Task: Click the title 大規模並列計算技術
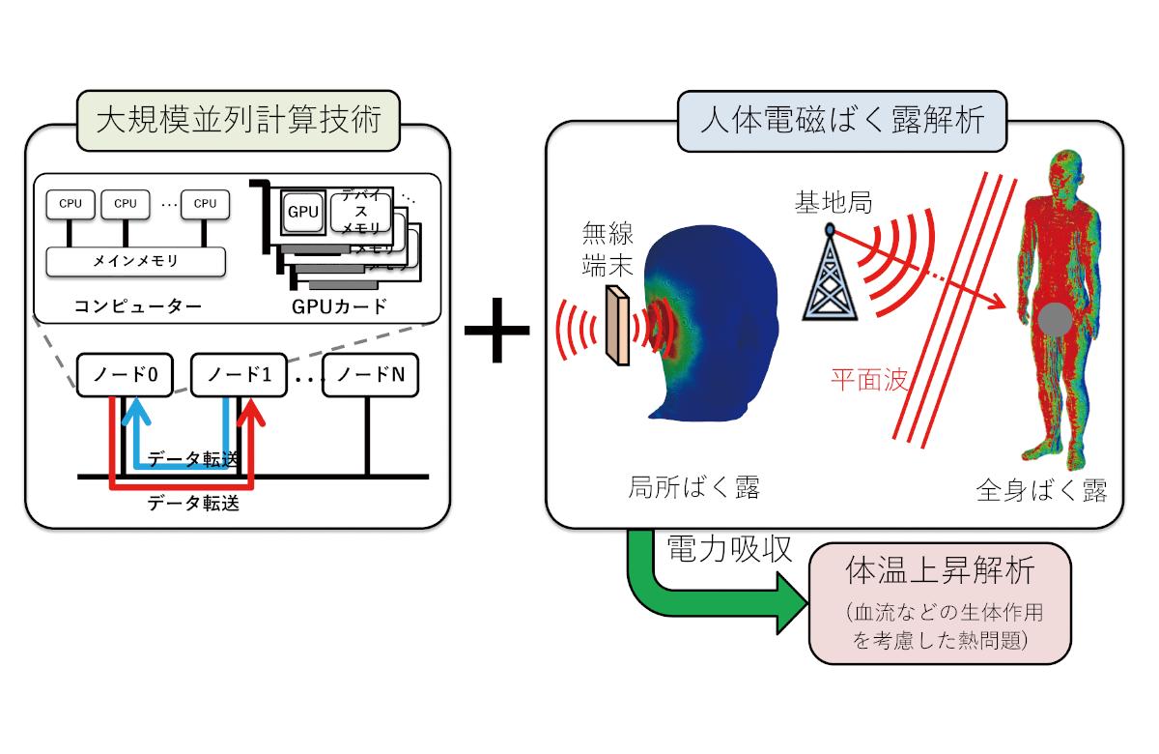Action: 236,121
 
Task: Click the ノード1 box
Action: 240,374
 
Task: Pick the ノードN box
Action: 370,374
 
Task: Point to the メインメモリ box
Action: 135,261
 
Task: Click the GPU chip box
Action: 301,212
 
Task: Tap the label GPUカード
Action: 338,307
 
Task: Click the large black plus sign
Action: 497,329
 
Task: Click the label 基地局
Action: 833,203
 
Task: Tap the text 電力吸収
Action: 729,550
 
